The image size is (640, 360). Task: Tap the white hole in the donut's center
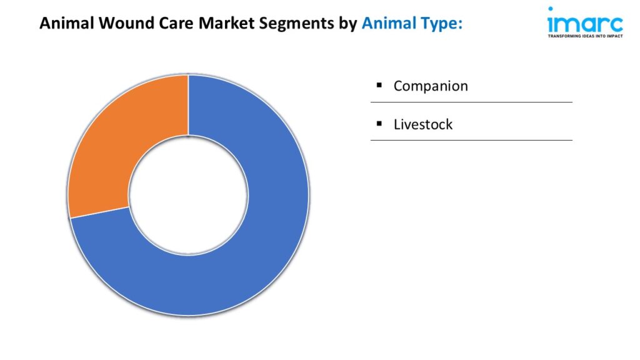tap(188, 195)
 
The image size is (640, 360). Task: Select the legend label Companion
tap(431, 86)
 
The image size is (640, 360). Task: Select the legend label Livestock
tap(423, 124)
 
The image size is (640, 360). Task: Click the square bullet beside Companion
tap(379, 85)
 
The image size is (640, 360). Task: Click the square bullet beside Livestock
tap(379, 123)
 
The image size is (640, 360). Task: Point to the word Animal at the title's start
tap(67, 23)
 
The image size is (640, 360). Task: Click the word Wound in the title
tap(126, 23)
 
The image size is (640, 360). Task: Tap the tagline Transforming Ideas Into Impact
tap(585, 36)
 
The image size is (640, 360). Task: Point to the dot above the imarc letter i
tap(551, 9)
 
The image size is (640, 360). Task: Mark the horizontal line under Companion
tap(471, 102)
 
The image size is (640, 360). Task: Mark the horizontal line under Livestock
tap(471, 140)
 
